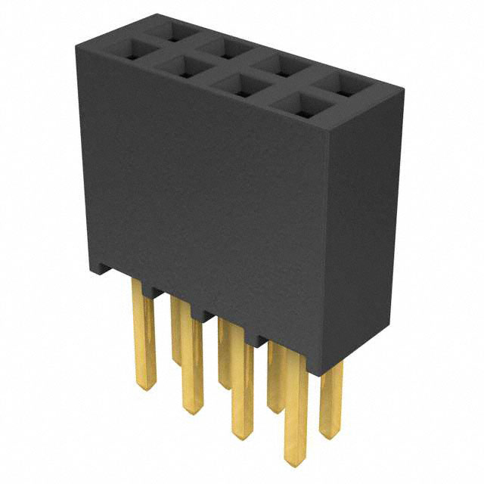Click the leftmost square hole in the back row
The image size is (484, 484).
tap(172, 33)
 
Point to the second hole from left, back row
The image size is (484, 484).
tap(225, 49)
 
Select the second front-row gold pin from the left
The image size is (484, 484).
tap(192, 363)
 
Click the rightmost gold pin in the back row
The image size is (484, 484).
tap(330, 397)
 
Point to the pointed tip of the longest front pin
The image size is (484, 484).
tap(294, 462)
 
